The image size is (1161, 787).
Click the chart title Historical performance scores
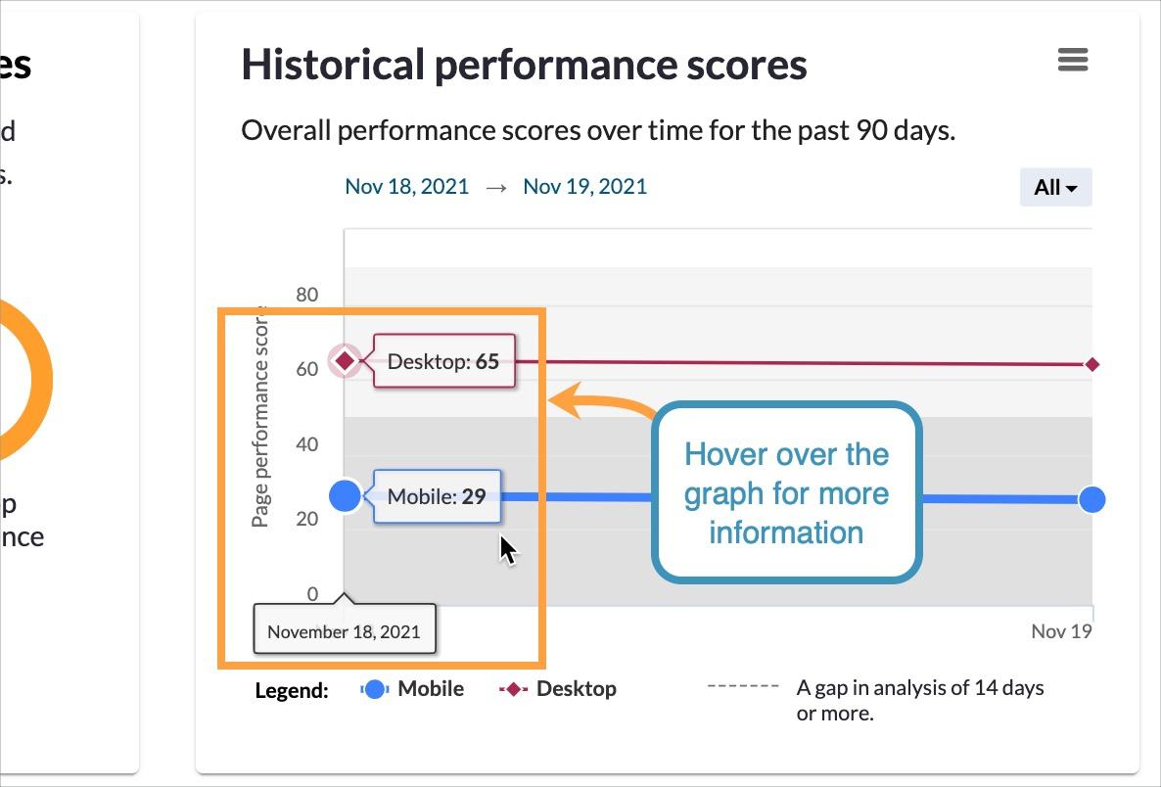pos(524,65)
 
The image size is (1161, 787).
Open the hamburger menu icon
pos(1073,60)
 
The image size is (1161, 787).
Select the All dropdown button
pos(1055,187)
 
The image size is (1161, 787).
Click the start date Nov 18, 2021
pos(406,186)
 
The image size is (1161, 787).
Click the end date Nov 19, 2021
pos(584,186)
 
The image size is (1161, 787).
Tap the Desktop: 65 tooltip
pos(443,361)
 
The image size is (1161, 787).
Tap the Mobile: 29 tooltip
pos(437,496)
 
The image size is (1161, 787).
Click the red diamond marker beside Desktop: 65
pos(345,361)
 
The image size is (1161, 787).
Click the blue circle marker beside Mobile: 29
pos(345,496)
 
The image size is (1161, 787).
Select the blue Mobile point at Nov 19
pos(1091,499)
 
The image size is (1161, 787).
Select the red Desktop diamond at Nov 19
pos(1092,364)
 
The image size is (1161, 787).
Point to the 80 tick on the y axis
pos(306,294)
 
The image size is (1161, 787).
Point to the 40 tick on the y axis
pos(306,443)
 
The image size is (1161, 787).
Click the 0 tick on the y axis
pos(312,593)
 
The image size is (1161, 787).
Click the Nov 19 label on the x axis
pos(1061,631)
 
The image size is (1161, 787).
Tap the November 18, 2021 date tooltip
pos(344,631)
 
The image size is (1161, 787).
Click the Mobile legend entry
pos(413,689)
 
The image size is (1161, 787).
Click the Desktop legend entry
pos(559,689)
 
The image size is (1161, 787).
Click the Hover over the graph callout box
pos(786,493)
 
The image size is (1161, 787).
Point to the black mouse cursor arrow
pos(507,549)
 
